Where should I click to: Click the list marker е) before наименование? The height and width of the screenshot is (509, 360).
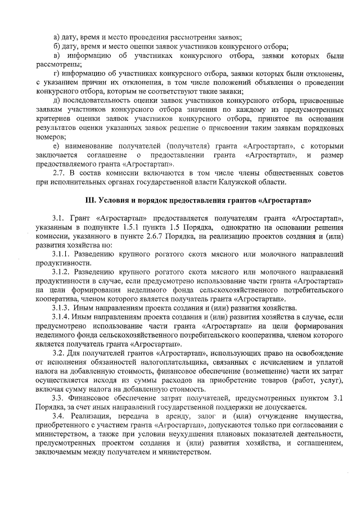click(55, 146)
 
